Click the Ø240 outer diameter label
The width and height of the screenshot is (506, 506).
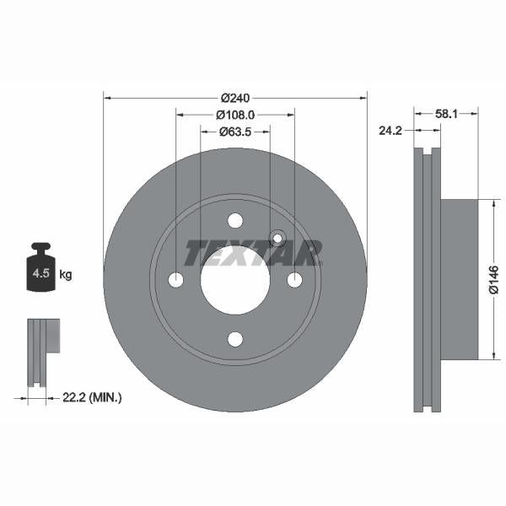235,97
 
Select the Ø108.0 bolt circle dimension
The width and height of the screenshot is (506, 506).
235,114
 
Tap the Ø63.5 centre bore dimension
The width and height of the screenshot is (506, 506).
235,132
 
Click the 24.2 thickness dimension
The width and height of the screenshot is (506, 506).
390,131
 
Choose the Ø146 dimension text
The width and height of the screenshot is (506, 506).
494,279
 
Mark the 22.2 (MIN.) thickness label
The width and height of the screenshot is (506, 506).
93,396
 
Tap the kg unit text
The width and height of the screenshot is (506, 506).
66,274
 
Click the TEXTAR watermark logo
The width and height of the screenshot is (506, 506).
253,252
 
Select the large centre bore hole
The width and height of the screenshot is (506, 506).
235,279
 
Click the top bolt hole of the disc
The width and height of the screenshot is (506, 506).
235,220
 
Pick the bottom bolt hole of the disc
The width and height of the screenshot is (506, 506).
235,338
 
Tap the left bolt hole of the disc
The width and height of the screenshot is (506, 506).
176,279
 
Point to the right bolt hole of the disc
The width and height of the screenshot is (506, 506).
294,279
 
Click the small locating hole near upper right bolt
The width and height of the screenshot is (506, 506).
276,237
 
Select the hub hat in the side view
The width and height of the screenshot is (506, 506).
459,279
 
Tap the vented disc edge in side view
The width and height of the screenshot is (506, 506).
428,279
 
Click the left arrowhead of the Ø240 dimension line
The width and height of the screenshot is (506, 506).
106,97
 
